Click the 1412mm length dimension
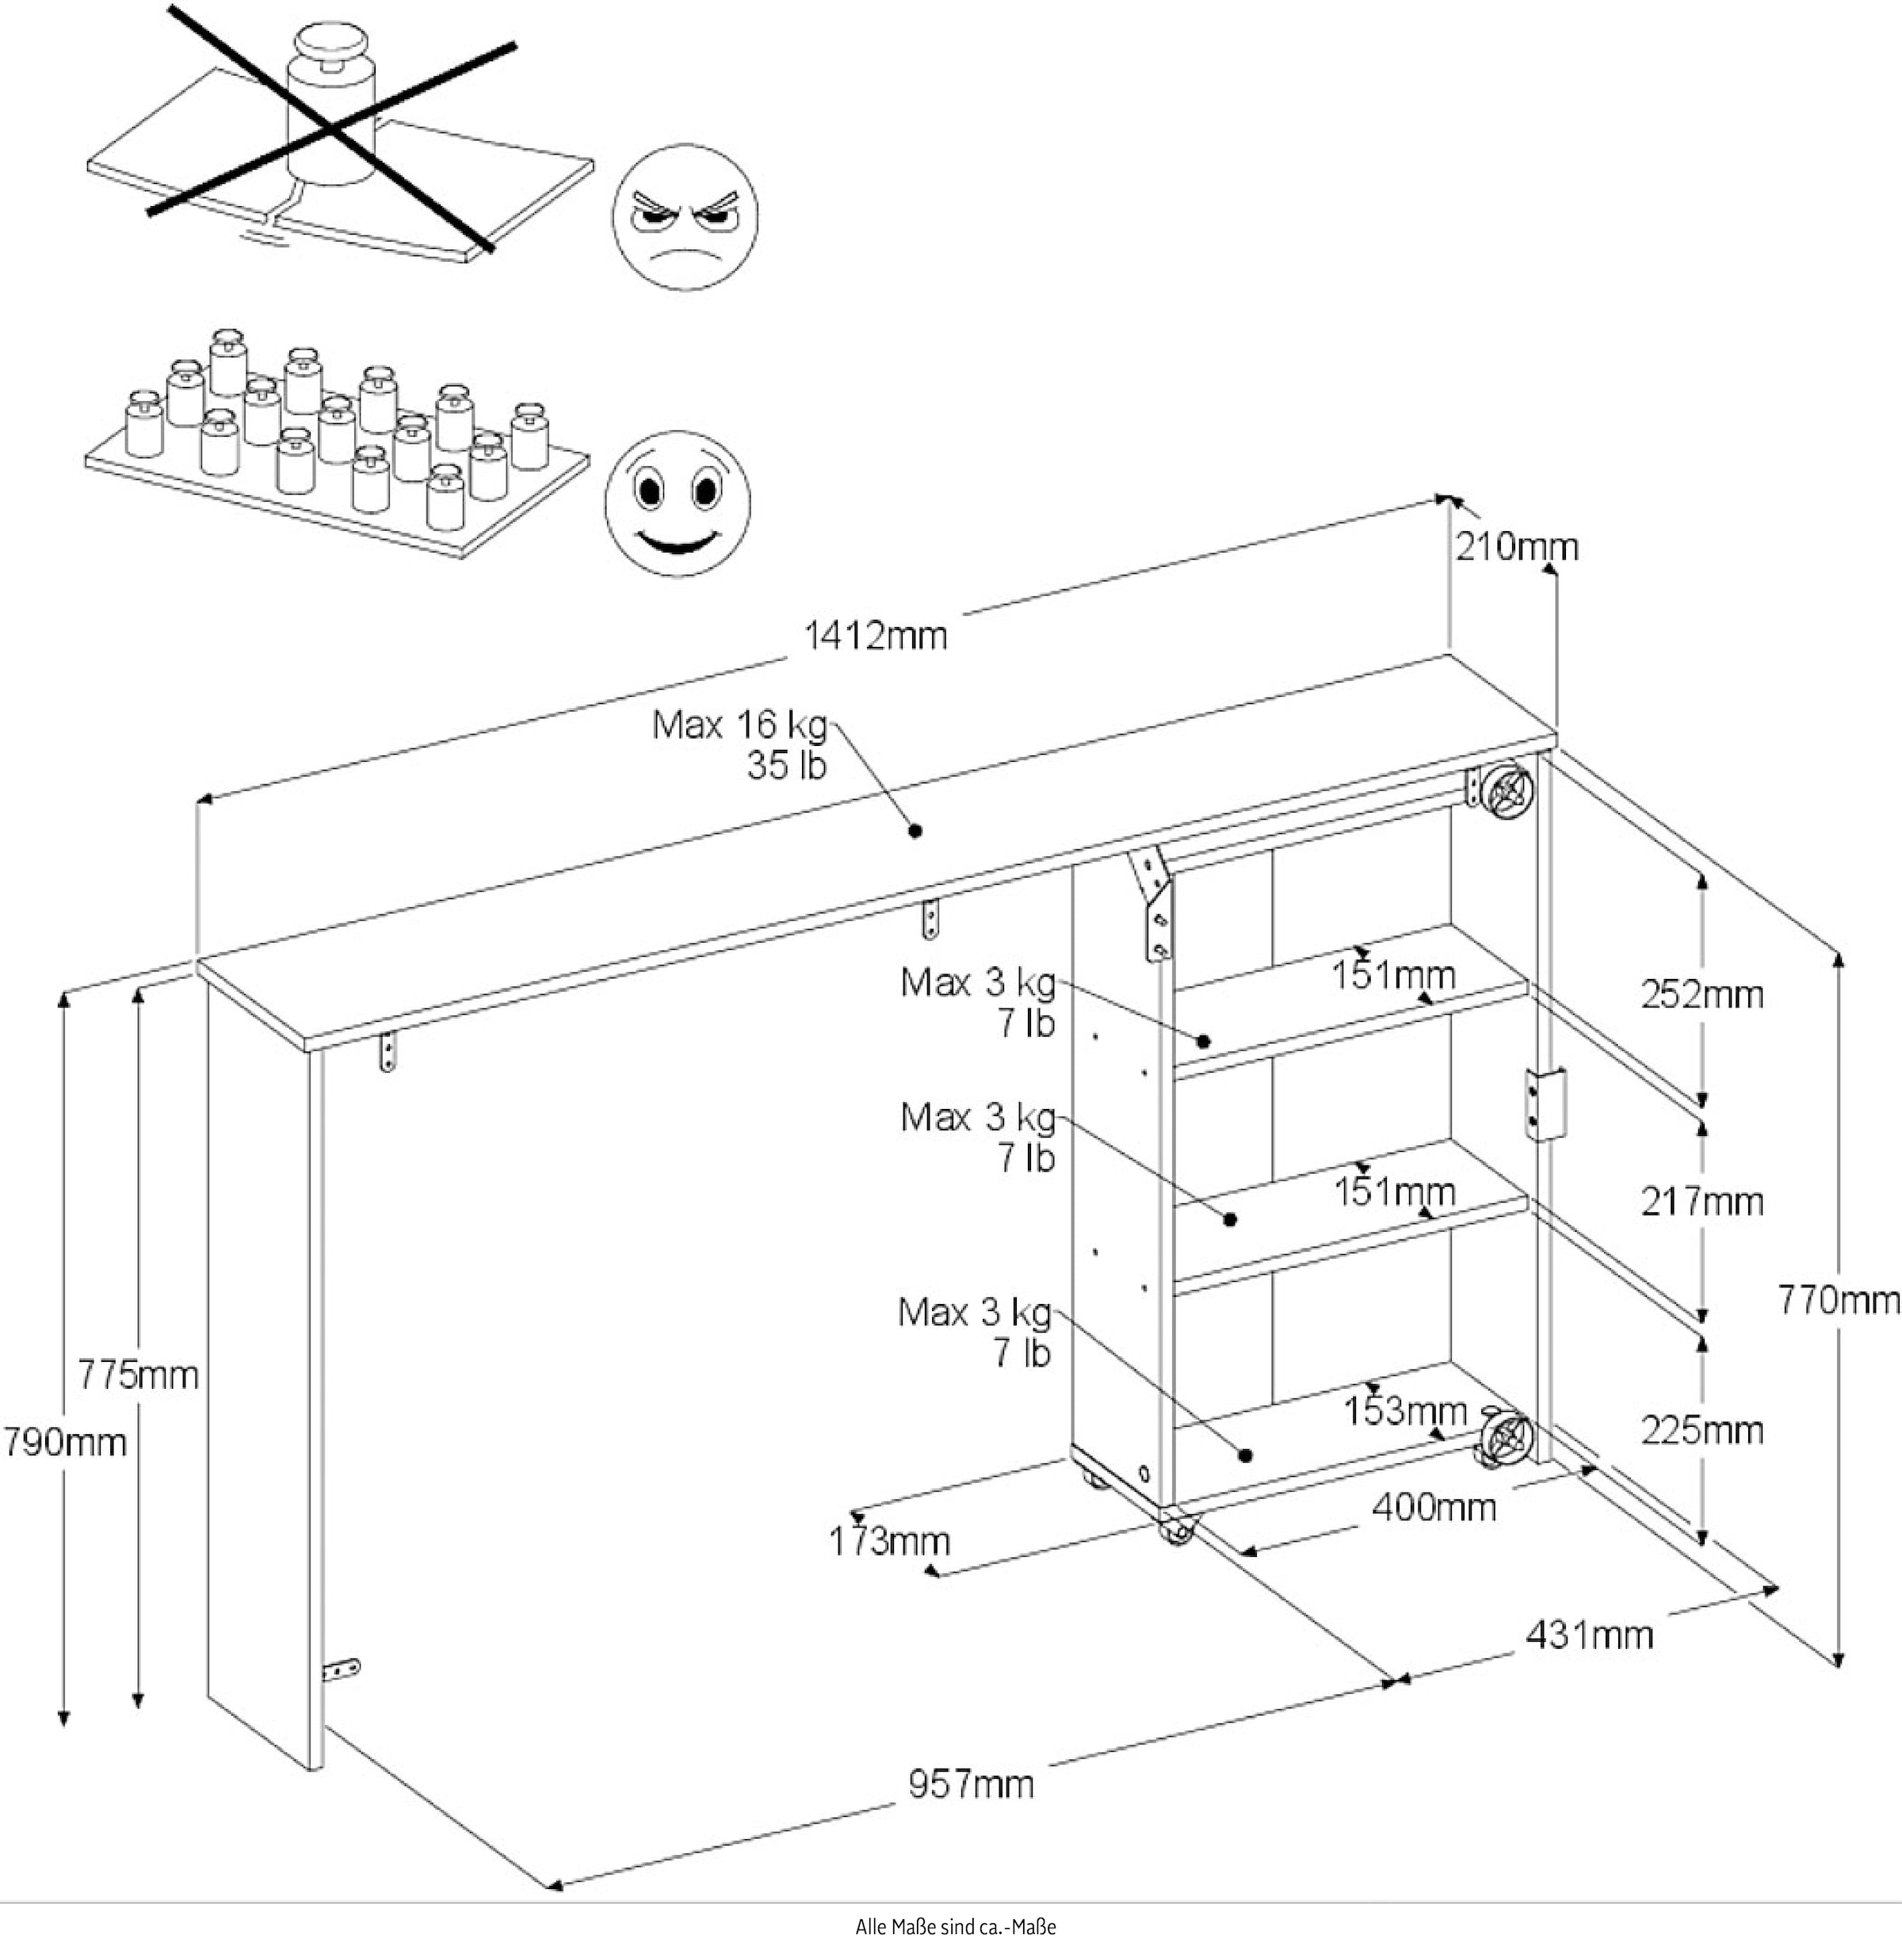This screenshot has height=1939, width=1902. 875,635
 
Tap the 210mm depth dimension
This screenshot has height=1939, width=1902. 1516,548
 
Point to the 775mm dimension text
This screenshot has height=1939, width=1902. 138,1375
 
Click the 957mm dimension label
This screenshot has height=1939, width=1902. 970,1783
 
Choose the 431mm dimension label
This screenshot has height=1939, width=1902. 1588,1635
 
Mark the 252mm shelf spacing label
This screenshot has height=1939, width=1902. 1702,995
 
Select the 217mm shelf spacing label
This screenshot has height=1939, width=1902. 1702,1201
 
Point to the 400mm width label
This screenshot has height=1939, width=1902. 1434,1506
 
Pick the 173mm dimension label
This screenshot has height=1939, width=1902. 888,1541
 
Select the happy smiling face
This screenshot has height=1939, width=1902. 678,503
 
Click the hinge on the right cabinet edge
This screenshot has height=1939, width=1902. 1545,1103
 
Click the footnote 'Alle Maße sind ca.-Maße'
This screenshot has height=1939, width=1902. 955,1926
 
